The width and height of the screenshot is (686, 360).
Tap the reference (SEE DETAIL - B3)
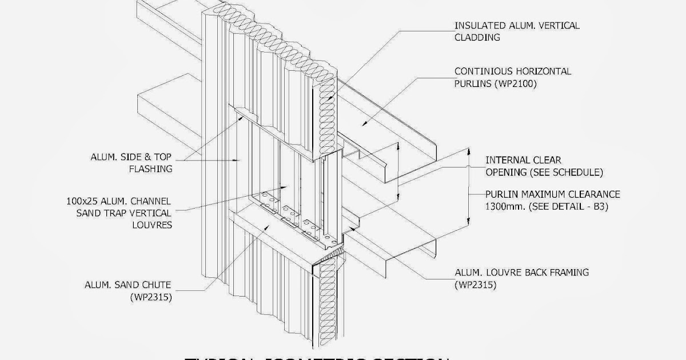click(x=570, y=207)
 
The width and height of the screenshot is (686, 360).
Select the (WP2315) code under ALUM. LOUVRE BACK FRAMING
click(x=475, y=285)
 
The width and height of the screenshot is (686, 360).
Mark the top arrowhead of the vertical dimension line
click(x=469, y=153)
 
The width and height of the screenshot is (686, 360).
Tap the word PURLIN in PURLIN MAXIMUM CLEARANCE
click(x=502, y=195)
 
